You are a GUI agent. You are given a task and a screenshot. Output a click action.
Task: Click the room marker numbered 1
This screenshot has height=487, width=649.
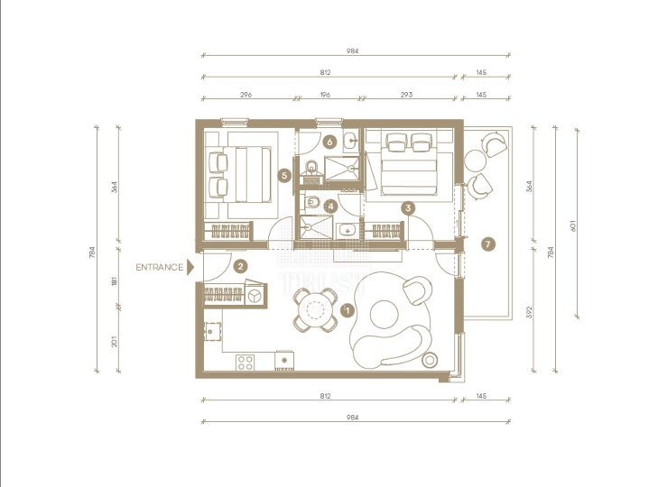coord(348,310)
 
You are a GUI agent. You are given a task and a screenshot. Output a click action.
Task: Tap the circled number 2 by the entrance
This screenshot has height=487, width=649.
coord(240,266)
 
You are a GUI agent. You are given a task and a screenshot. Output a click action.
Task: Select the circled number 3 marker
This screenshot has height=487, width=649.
coord(408,208)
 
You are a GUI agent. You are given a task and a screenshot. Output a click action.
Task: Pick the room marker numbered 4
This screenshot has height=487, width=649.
coord(330,207)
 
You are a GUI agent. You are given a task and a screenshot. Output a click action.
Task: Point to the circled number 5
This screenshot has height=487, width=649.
coord(284,175)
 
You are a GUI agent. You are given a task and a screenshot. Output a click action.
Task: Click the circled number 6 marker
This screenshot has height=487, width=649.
coord(329,142)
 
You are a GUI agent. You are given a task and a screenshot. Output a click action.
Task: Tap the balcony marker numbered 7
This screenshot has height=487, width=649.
coord(488,243)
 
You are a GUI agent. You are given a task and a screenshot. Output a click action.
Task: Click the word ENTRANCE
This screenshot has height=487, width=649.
coord(160,268)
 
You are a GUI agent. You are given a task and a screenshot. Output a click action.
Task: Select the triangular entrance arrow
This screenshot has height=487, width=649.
coord(190,267)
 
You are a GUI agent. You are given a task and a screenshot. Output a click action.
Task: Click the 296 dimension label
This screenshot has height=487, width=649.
coord(246,95)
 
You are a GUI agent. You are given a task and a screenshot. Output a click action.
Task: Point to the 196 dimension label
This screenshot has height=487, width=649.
coord(325,95)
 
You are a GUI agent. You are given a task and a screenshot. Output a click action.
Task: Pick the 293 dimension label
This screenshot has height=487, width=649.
coord(406,95)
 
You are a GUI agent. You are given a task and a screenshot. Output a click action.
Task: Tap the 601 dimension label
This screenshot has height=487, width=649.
coord(573,225)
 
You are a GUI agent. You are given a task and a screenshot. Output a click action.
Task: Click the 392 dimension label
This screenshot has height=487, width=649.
coord(529,312)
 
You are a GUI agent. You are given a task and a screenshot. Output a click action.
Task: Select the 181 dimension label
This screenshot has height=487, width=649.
coord(115,281)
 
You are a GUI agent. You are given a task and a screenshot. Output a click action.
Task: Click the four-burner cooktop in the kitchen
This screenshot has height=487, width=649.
coord(245,363)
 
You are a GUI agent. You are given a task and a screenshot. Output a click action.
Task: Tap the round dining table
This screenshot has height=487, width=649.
coord(314,310)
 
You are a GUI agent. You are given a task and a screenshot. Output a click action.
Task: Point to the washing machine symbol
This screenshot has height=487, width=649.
coord(254,296)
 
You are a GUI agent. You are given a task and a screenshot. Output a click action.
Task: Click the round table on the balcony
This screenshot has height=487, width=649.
coord(475,161)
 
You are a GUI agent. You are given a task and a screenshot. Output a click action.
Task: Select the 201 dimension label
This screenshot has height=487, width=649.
coord(115,342)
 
